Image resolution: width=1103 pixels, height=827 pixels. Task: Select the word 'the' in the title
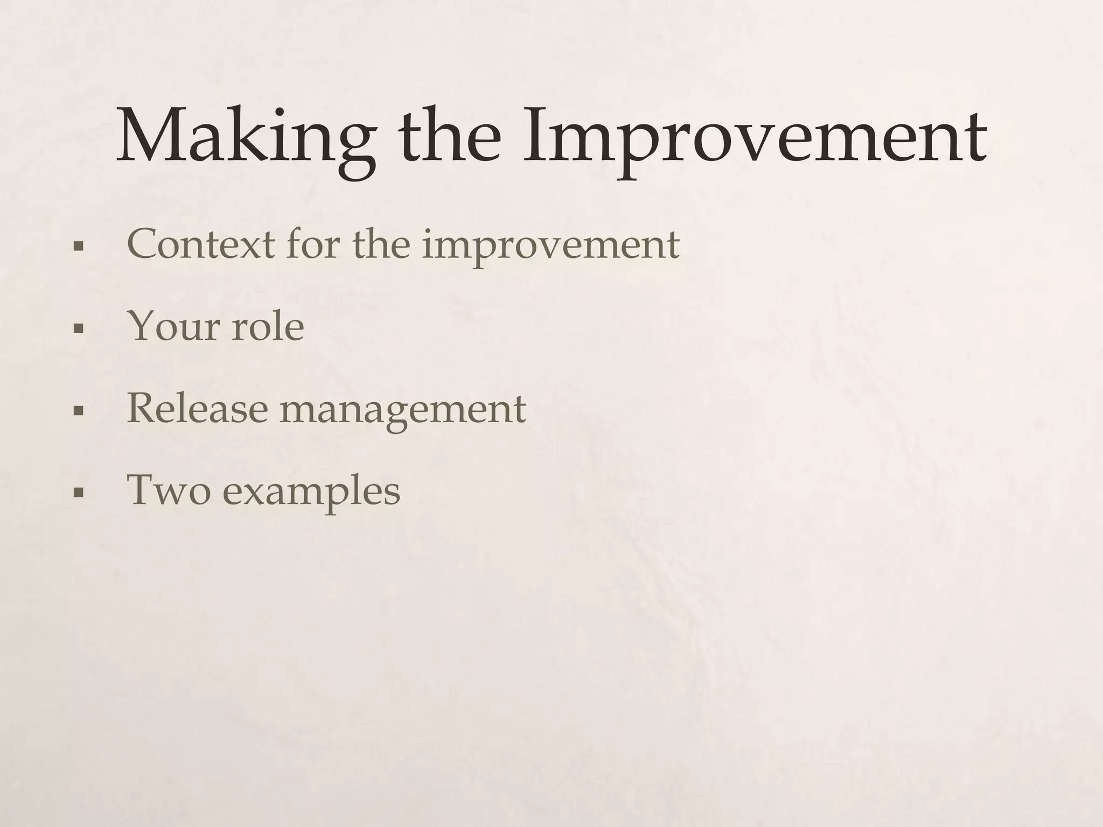(449, 135)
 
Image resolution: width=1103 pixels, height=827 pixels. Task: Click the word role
(268, 327)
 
